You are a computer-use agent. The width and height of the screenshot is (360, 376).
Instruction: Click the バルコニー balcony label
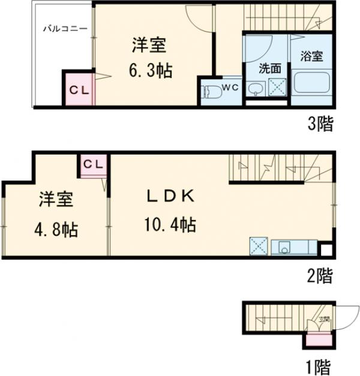(x=65, y=28)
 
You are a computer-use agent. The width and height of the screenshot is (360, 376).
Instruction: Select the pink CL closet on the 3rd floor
(x=79, y=90)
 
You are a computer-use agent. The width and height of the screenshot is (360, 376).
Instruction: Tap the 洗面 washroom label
(x=269, y=68)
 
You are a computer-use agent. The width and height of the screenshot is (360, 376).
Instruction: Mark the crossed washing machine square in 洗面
(x=277, y=88)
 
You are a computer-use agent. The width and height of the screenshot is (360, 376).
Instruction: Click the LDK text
(x=169, y=197)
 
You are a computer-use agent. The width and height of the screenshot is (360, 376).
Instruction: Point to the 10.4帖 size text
(x=169, y=225)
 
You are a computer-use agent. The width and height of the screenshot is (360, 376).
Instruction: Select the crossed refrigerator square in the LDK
(x=259, y=246)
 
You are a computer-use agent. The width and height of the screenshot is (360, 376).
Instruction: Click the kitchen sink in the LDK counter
(x=283, y=246)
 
